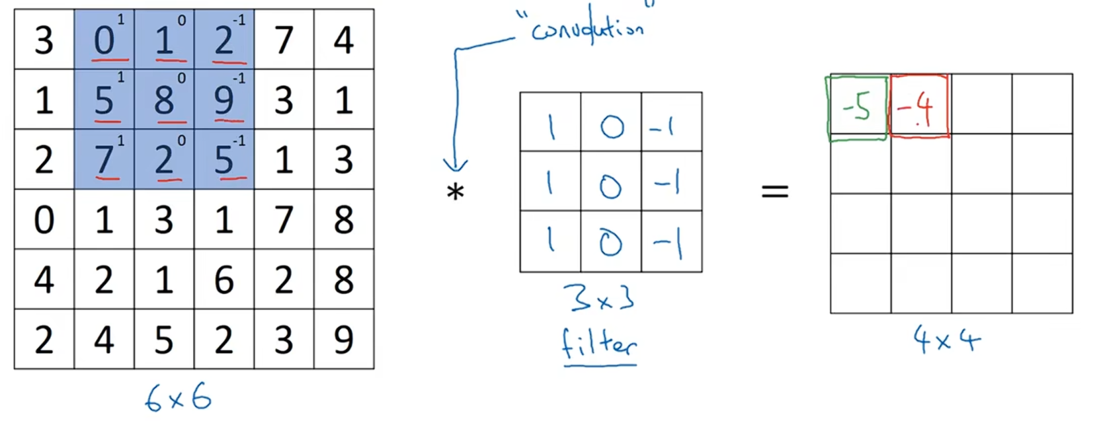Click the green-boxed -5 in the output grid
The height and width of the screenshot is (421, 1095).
tap(856, 107)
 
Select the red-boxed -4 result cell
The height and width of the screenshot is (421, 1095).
tap(919, 107)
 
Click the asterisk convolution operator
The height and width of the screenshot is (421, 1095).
tap(455, 192)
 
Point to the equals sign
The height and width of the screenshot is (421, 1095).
tap(774, 192)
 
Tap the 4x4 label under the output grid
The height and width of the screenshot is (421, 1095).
tap(946, 340)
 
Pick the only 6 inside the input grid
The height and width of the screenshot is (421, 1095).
tap(223, 280)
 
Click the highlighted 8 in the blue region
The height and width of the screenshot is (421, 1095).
tap(164, 100)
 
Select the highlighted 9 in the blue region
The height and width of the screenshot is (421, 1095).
tap(223, 100)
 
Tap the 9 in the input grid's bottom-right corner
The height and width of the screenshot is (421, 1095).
tap(343, 340)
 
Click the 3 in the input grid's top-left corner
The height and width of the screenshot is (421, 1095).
tap(44, 40)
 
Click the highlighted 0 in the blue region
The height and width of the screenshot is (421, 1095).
tap(104, 40)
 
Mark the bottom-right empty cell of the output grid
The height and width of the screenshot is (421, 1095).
tap(1042, 283)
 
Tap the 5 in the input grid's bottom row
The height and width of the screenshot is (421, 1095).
tap(164, 340)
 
